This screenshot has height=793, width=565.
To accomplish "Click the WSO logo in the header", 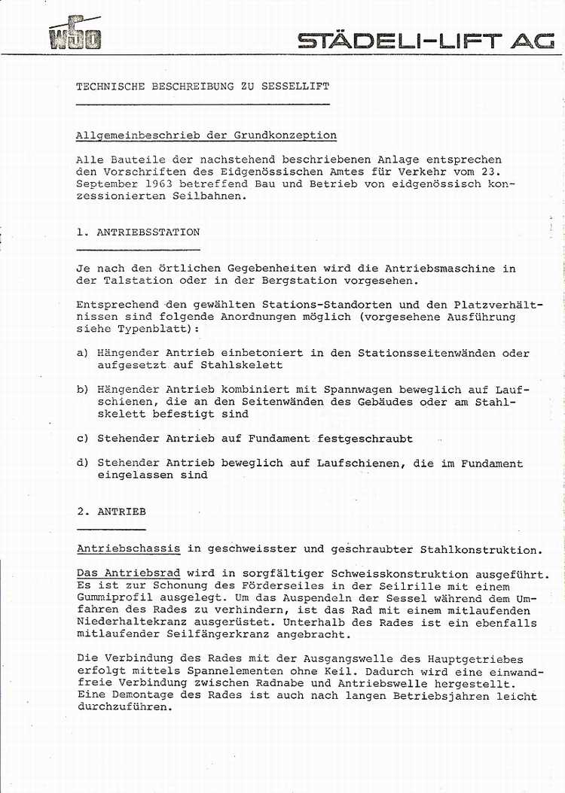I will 75,34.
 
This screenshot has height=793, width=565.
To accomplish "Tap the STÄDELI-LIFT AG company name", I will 426,41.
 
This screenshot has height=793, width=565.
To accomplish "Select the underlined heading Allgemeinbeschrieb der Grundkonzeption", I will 206,135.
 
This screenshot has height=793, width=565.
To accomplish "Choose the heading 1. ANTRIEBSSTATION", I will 138,232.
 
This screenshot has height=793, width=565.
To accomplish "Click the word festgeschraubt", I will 365,439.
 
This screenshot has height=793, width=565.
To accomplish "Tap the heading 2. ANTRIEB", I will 111,512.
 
